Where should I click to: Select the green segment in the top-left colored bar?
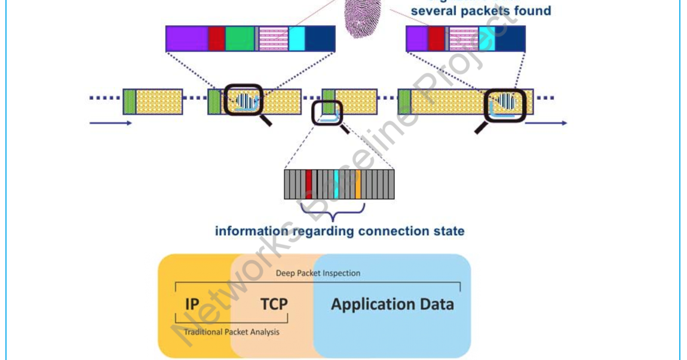[240, 39]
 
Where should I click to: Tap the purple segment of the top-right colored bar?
[416, 39]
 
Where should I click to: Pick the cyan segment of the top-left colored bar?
[297, 39]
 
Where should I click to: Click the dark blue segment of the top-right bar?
[510, 39]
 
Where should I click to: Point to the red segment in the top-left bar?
[216, 39]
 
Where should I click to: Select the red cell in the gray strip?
[308, 184]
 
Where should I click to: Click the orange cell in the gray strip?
[358, 184]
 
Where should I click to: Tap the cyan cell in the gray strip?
[336, 184]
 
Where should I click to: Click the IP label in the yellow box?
[192, 304]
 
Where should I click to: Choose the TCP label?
[274, 304]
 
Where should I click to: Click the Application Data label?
[392, 304]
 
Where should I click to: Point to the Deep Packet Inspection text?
[318, 273]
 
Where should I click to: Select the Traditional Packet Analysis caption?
[231, 332]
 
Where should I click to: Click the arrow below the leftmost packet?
[111, 124]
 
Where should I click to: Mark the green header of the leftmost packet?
[129, 101]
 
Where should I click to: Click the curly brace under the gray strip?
[332, 211]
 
